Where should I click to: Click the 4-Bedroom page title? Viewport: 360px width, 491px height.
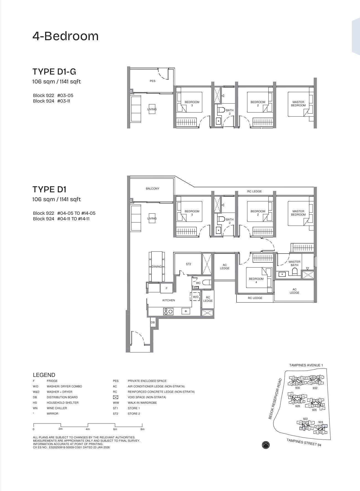[x=65, y=36]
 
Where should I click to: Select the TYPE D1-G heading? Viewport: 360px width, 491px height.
[x=54, y=72]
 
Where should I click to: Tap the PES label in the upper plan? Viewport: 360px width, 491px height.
[x=152, y=81]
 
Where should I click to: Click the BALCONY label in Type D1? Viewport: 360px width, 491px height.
[x=152, y=189]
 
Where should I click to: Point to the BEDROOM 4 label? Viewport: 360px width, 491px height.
[x=256, y=280]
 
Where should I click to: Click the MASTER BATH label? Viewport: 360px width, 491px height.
[x=294, y=264]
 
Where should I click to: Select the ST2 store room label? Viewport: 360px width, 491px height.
[x=188, y=264]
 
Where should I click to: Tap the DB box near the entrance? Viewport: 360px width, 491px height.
[x=153, y=323]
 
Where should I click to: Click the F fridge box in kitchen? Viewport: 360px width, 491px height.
[x=166, y=288]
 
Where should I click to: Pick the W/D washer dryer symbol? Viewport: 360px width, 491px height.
[x=196, y=297]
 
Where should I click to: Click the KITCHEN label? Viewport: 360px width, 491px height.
[x=169, y=300]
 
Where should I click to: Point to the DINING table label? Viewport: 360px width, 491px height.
[x=156, y=267]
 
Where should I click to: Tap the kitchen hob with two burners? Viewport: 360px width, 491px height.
[x=168, y=311]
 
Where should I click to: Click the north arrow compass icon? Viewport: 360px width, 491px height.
[x=266, y=445]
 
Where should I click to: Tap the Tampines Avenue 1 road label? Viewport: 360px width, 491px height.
[x=306, y=365]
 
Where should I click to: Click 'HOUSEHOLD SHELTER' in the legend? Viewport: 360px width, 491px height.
[x=62, y=403]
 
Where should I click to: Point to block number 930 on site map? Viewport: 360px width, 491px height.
[x=297, y=388]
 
